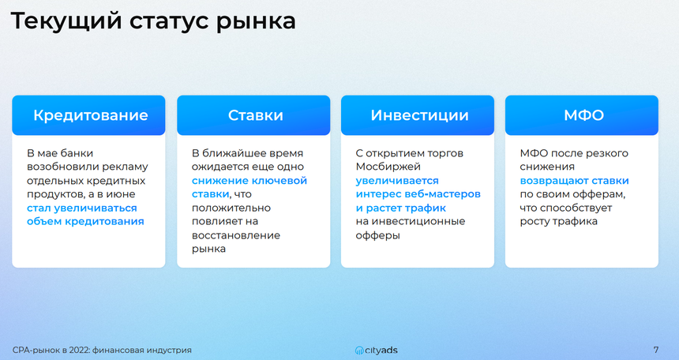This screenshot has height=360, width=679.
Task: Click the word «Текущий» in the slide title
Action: point(66,21)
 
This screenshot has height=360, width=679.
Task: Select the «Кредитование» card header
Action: point(88,115)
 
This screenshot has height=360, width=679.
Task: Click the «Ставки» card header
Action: point(253,115)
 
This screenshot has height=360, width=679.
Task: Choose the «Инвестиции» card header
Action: point(418,115)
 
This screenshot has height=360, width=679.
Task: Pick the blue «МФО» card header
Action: point(582,115)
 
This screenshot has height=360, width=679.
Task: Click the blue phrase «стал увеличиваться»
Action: point(82,208)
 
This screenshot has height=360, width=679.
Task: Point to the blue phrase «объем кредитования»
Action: point(85,221)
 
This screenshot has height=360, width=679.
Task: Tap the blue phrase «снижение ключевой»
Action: point(249,181)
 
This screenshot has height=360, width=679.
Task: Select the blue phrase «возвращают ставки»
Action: point(574,181)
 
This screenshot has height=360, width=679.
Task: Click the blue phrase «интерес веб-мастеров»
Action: point(418,194)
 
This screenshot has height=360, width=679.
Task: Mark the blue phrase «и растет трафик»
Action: point(401,208)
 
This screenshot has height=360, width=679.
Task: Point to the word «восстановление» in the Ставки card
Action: point(236,235)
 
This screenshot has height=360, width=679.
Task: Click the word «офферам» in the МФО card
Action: point(602,194)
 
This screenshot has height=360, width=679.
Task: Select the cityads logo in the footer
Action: point(376,350)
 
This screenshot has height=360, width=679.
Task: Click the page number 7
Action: point(656,350)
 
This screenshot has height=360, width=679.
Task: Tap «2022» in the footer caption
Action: point(79,350)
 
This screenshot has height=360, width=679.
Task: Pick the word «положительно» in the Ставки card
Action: point(231,208)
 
